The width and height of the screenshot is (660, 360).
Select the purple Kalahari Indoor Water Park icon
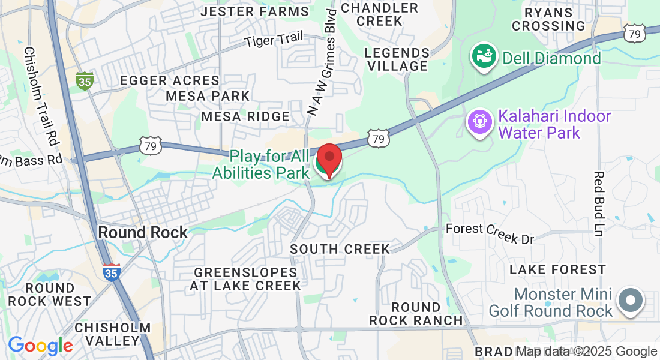pyautogui.click(x=479, y=122)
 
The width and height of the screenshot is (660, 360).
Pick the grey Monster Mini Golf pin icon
pyautogui.click(x=630, y=300)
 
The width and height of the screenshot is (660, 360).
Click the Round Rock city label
pyautogui.click(x=143, y=232)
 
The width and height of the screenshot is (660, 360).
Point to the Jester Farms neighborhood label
pyautogui.click(x=255, y=11)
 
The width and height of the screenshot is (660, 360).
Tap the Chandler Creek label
pyautogui.click(x=379, y=14)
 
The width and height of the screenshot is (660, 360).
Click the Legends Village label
pyautogui.click(x=397, y=59)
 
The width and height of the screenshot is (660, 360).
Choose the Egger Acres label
pyautogui.click(x=170, y=80)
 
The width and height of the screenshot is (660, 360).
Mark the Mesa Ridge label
pyautogui.click(x=245, y=116)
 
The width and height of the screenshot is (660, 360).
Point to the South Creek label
pyautogui.click(x=340, y=249)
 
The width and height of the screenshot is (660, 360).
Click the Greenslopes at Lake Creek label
pyautogui.click(x=245, y=279)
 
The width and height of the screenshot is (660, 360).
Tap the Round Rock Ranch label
pyautogui.click(x=416, y=314)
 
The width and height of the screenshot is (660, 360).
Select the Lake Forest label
pyautogui.click(x=557, y=270)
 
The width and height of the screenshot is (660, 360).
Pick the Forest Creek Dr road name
pyautogui.click(x=490, y=233)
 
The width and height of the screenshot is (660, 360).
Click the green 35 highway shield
pyautogui.click(x=85, y=80)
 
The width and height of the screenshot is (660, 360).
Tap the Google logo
pyautogui.click(x=40, y=346)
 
